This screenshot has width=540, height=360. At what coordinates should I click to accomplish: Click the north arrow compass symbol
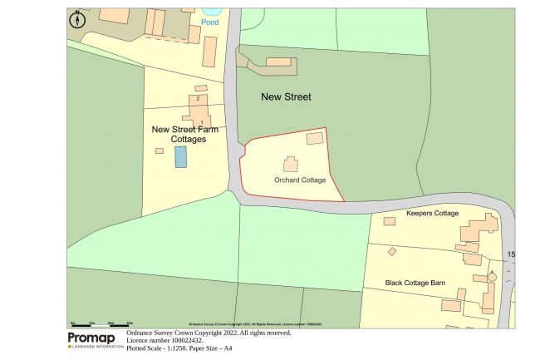[x=77, y=20]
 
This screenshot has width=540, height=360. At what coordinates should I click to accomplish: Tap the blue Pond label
[x=209, y=22]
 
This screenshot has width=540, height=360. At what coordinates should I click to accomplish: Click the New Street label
[x=286, y=97]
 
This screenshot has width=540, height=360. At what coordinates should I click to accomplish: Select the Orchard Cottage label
[x=299, y=180]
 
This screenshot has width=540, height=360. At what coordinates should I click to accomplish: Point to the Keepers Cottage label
[x=432, y=214]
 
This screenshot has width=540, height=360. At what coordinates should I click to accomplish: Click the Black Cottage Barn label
[x=415, y=283]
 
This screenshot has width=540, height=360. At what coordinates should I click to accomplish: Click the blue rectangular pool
[x=180, y=157]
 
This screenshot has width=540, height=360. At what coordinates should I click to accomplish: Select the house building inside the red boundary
[x=291, y=164]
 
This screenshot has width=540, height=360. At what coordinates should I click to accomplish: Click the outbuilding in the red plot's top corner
[x=315, y=139]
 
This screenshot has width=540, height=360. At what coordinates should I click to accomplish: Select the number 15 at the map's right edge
[x=511, y=254]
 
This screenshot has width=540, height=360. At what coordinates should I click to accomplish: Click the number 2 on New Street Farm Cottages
[x=198, y=99]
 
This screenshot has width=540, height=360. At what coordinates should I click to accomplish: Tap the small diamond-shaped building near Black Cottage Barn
[x=392, y=251]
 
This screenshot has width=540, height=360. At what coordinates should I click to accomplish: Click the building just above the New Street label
[x=278, y=62]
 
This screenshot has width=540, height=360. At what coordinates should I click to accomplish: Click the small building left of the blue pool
[x=160, y=150]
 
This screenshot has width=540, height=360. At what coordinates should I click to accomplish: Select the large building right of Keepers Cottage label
[x=479, y=227]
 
